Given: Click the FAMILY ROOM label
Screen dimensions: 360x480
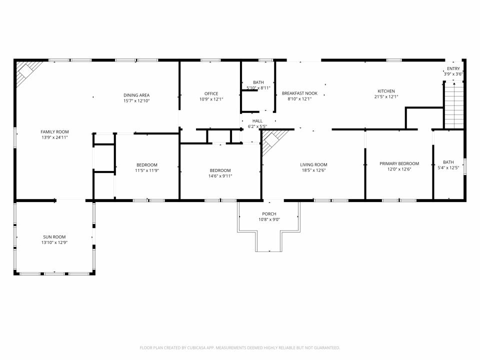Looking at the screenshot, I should click(54, 131).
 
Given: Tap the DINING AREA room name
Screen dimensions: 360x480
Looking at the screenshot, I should click(136, 95).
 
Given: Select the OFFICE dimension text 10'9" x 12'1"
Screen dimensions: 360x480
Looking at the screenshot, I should click(211, 99).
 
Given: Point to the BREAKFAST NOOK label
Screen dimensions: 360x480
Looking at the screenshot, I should click(299, 93).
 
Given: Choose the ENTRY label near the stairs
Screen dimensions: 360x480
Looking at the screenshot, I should click(453, 68).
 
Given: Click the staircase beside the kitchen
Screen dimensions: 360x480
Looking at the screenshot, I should click(454, 105).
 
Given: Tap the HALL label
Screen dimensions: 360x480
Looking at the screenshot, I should click(257, 120).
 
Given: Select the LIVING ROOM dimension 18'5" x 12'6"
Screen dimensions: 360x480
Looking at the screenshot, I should click(313, 170).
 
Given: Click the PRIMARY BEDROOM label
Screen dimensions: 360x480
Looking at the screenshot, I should click(399, 163).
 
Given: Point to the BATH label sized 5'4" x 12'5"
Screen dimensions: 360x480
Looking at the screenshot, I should click(448, 162).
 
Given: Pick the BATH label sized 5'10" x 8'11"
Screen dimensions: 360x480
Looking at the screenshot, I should click(258, 82).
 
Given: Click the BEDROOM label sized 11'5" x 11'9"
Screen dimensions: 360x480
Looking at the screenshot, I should click(146, 165).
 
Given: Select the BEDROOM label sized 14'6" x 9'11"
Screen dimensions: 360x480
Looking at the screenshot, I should click(220, 170).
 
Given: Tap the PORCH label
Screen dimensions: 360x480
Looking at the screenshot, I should click(269, 214).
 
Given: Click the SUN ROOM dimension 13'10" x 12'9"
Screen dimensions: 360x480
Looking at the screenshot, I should click(54, 242).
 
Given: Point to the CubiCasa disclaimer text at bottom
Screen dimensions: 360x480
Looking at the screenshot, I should click(239, 347).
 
